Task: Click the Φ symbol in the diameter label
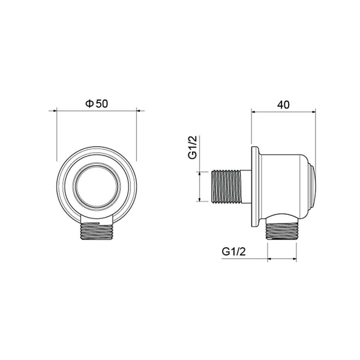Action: pos(89,104)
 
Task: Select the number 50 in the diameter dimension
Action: pos(101,104)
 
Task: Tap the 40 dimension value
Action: pos(283,104)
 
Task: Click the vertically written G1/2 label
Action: pos(193,148)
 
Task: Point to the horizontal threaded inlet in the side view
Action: pos(227,186)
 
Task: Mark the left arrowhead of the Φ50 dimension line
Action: pos(59,110)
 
